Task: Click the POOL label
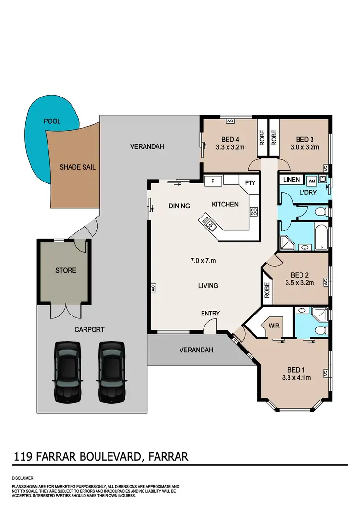tap(52, 121)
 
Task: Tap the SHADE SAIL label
tap(77, 167)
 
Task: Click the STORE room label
tap(65, 270)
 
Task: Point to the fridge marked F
tap(213, 181)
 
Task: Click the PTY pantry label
tap(250, 183)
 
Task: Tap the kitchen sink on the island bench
tap(209, 222)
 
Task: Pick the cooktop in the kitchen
tap(253, 211)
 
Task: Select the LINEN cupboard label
tap(291, 180)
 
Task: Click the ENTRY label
tap(210, 314)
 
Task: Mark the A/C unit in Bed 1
tap(325, 373)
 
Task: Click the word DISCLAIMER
tap(23, 479)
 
